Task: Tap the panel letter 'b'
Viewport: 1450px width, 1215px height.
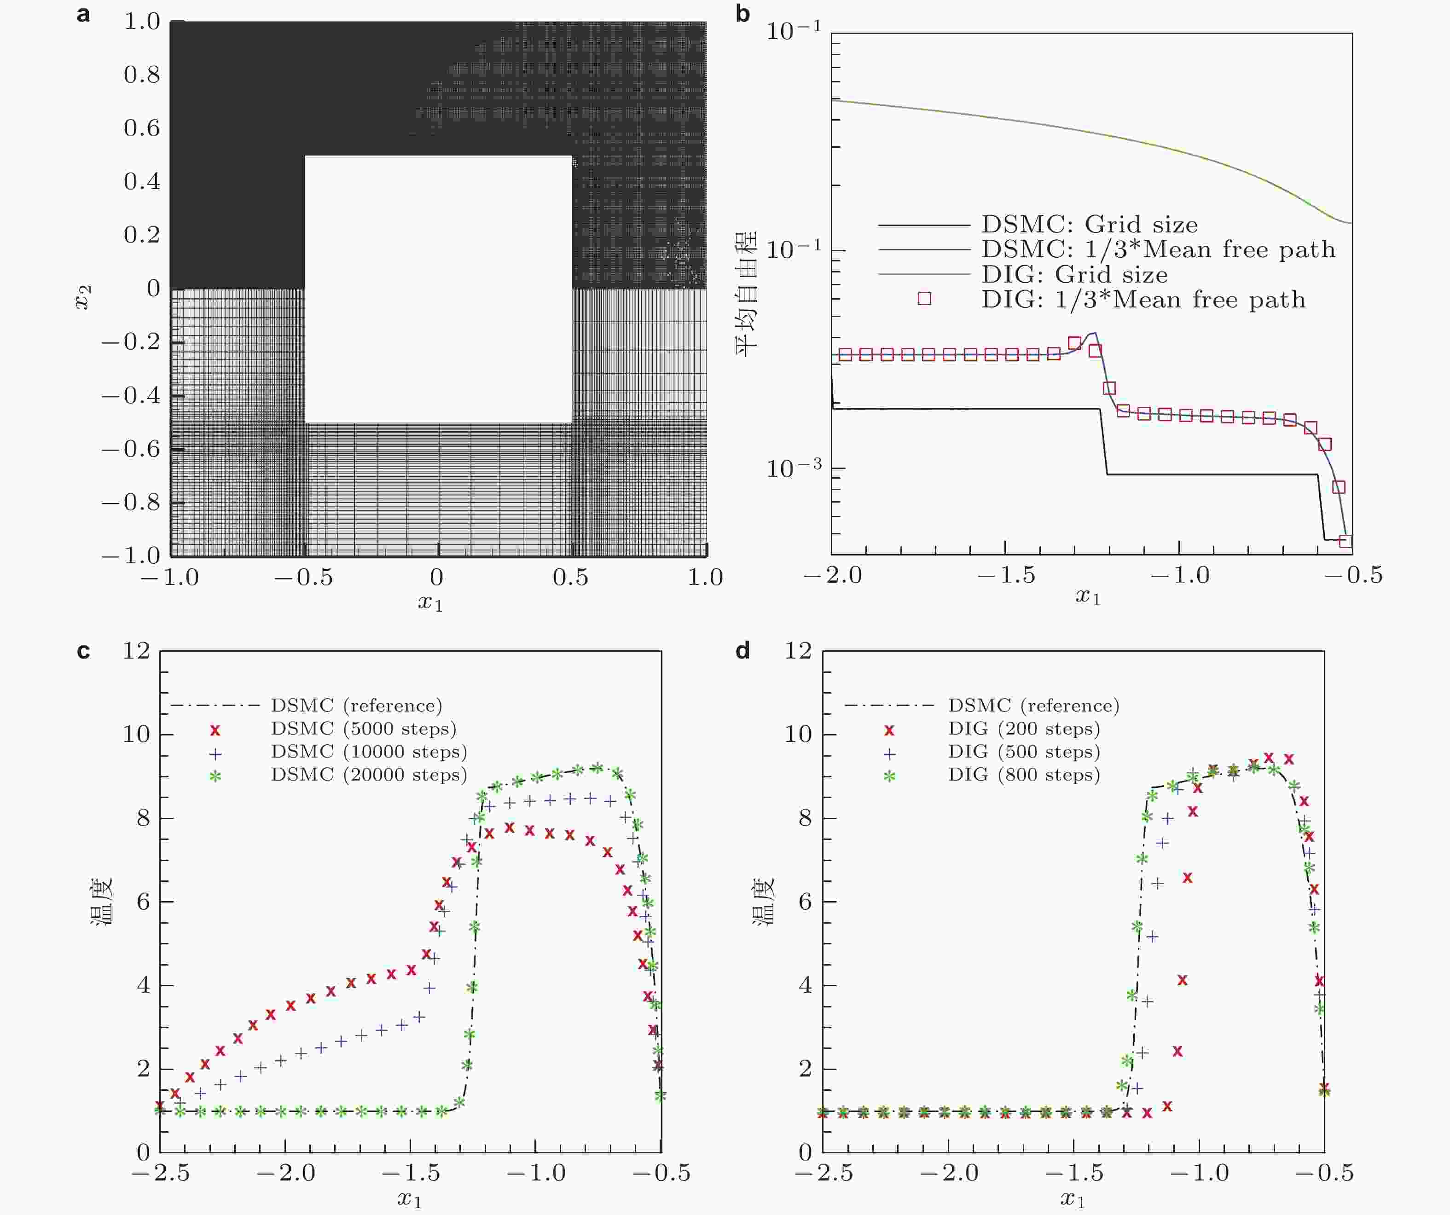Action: tap(743, 14)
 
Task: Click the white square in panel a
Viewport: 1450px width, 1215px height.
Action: tap(438, 289)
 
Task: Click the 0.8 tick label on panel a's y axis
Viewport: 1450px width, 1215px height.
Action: tap(142, 75)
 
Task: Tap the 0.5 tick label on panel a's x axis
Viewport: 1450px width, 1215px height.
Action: tap(570, 577)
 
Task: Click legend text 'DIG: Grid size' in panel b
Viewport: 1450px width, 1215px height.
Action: tap(1074, 275)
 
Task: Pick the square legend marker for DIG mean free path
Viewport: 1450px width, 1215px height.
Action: tap(924, 298)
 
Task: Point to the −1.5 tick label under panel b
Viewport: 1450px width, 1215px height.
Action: tap(1007, 575)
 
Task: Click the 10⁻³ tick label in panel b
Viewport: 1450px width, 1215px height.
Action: tap(795, 468)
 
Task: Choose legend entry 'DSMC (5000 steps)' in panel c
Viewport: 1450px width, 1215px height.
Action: tap(363, 729)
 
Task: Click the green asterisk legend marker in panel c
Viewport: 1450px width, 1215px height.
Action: tap(215, 776)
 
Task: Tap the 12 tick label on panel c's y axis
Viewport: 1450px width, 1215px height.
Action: tap(136, 650)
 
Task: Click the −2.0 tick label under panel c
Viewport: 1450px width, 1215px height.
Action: tap(286, 1173)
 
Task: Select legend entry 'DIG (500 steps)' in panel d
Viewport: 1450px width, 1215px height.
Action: tap(1023, 752)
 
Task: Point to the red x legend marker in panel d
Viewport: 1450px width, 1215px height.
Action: tap(889, 730)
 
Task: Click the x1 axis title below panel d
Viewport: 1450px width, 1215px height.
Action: tap(1073, 1200)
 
